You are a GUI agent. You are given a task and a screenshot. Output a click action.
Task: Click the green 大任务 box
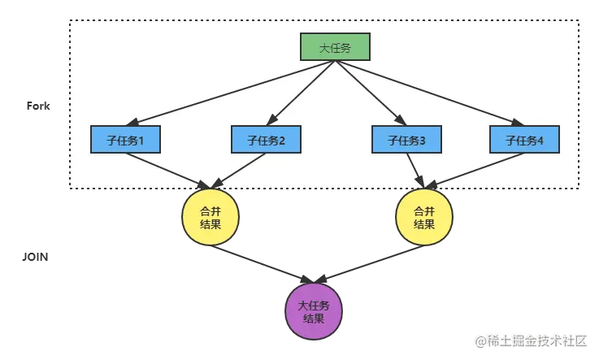335,48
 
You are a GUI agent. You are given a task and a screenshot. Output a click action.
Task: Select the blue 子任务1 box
125,140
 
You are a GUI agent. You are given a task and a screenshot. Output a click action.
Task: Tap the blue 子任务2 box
266,140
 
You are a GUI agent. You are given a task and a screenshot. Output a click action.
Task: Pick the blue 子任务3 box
406,140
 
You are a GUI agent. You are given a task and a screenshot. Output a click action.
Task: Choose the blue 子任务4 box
524,140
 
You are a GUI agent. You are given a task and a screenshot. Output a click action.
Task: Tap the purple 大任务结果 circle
314,312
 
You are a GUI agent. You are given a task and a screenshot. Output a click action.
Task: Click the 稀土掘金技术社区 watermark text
533,339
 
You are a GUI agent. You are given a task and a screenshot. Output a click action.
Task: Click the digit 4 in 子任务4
541,140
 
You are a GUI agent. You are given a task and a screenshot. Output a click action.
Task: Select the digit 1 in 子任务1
141,140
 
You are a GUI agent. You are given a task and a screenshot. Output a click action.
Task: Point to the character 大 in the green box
324,48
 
